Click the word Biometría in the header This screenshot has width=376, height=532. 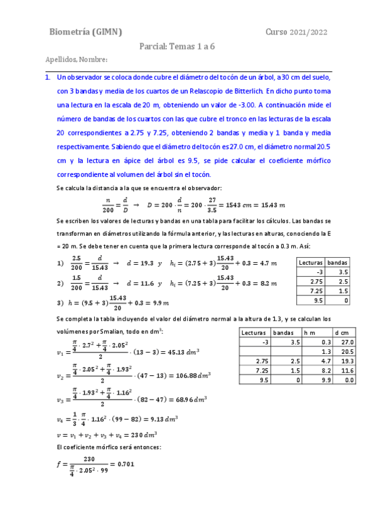(71, 32)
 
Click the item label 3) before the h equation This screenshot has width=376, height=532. (60, 303)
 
